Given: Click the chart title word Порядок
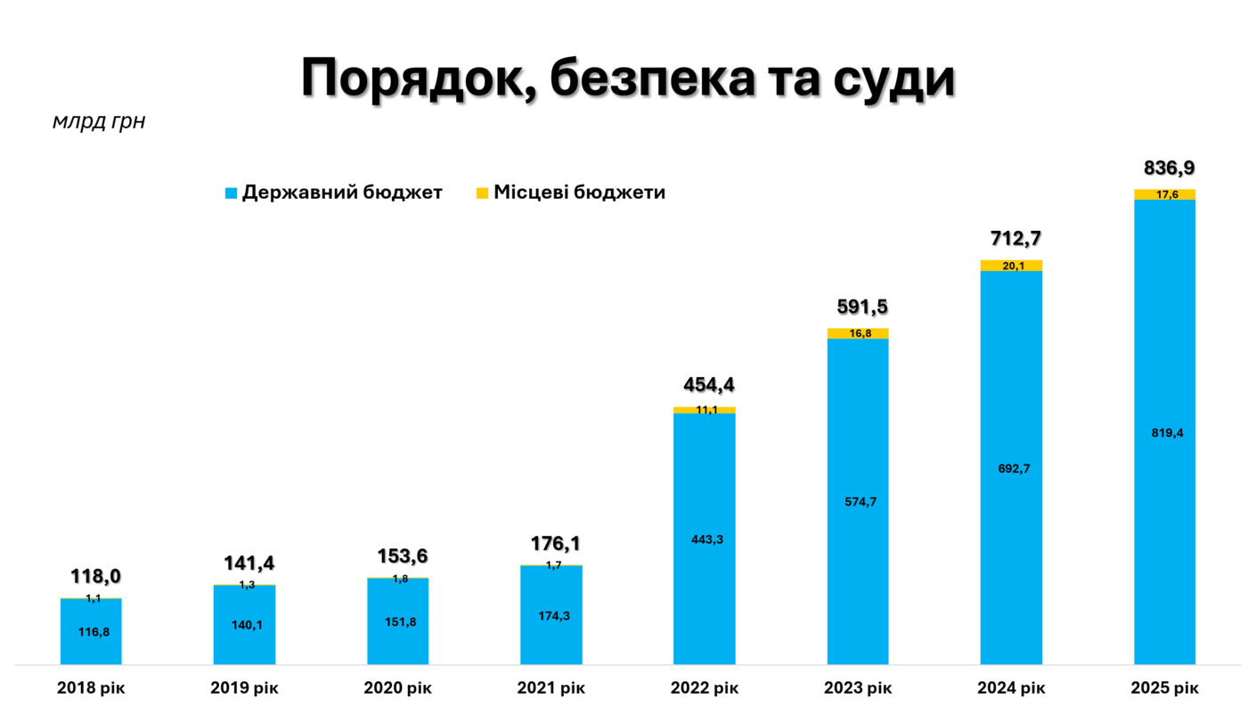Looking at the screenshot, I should coord(416,78).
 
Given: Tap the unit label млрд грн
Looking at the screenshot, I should coord(99,121).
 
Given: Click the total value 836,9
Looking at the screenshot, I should coord(1169,169).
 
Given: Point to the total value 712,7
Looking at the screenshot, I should coord(1015,239).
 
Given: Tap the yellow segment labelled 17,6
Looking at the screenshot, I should coord(1164,194).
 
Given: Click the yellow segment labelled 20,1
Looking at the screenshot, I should coord(1011,265).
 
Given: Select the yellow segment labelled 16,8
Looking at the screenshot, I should coord(858,333).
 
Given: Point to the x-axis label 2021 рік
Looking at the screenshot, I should coord(551,688).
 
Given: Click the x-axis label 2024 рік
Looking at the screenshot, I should coord(1011,688).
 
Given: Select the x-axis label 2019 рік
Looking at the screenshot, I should coord(244,688).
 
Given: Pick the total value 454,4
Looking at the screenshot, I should coord(709,385).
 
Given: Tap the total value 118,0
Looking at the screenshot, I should coord(95,577).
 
